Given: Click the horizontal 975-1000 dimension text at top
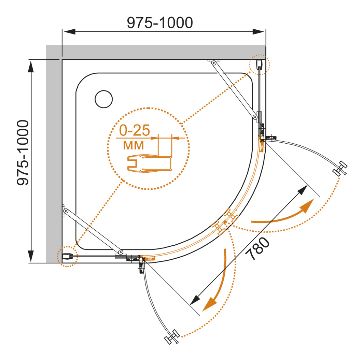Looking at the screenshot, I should pyautogui.click(x=160, y=23).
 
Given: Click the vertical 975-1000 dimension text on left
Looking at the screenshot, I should pyautogui.click(x=23, y=153).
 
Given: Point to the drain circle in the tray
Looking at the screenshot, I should pyautogui.click(x=103, y=99).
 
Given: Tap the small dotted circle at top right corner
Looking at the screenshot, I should pyautogui.click(x=259, y=64).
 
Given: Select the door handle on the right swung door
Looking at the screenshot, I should pyautogui.click(x=340, y=169).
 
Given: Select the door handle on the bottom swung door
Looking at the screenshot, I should pyautogui.click(x=172, y=336).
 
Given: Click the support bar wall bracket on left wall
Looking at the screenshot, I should pyautogui.click(x=64, y=211).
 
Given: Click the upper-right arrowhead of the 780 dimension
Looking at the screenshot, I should pyautogui.click(x=302, y=190).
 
